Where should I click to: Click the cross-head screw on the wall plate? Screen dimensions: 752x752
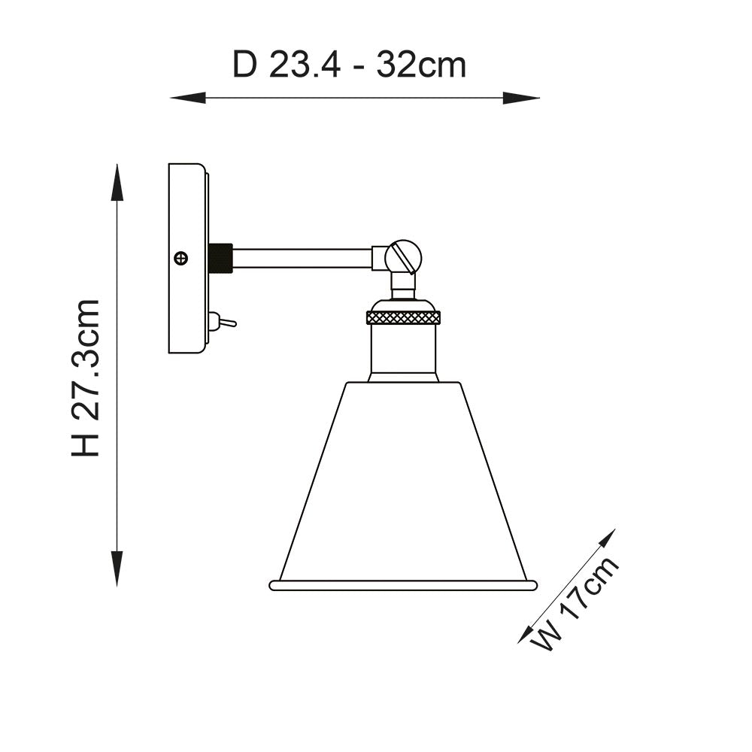coord(180,258)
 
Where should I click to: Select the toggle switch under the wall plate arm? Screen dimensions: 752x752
coord(224,323)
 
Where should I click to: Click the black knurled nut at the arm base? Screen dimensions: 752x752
coord(220,258)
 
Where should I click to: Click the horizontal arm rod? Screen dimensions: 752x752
coord(301,258)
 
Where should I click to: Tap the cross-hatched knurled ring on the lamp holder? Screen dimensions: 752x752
coord(403,317)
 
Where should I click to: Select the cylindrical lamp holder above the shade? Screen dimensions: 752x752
coord(403,350)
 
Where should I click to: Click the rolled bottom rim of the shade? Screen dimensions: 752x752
coord(403,585)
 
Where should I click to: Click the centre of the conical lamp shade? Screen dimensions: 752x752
coord(403,481)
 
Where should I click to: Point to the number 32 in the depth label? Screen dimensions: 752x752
coord(396,65)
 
